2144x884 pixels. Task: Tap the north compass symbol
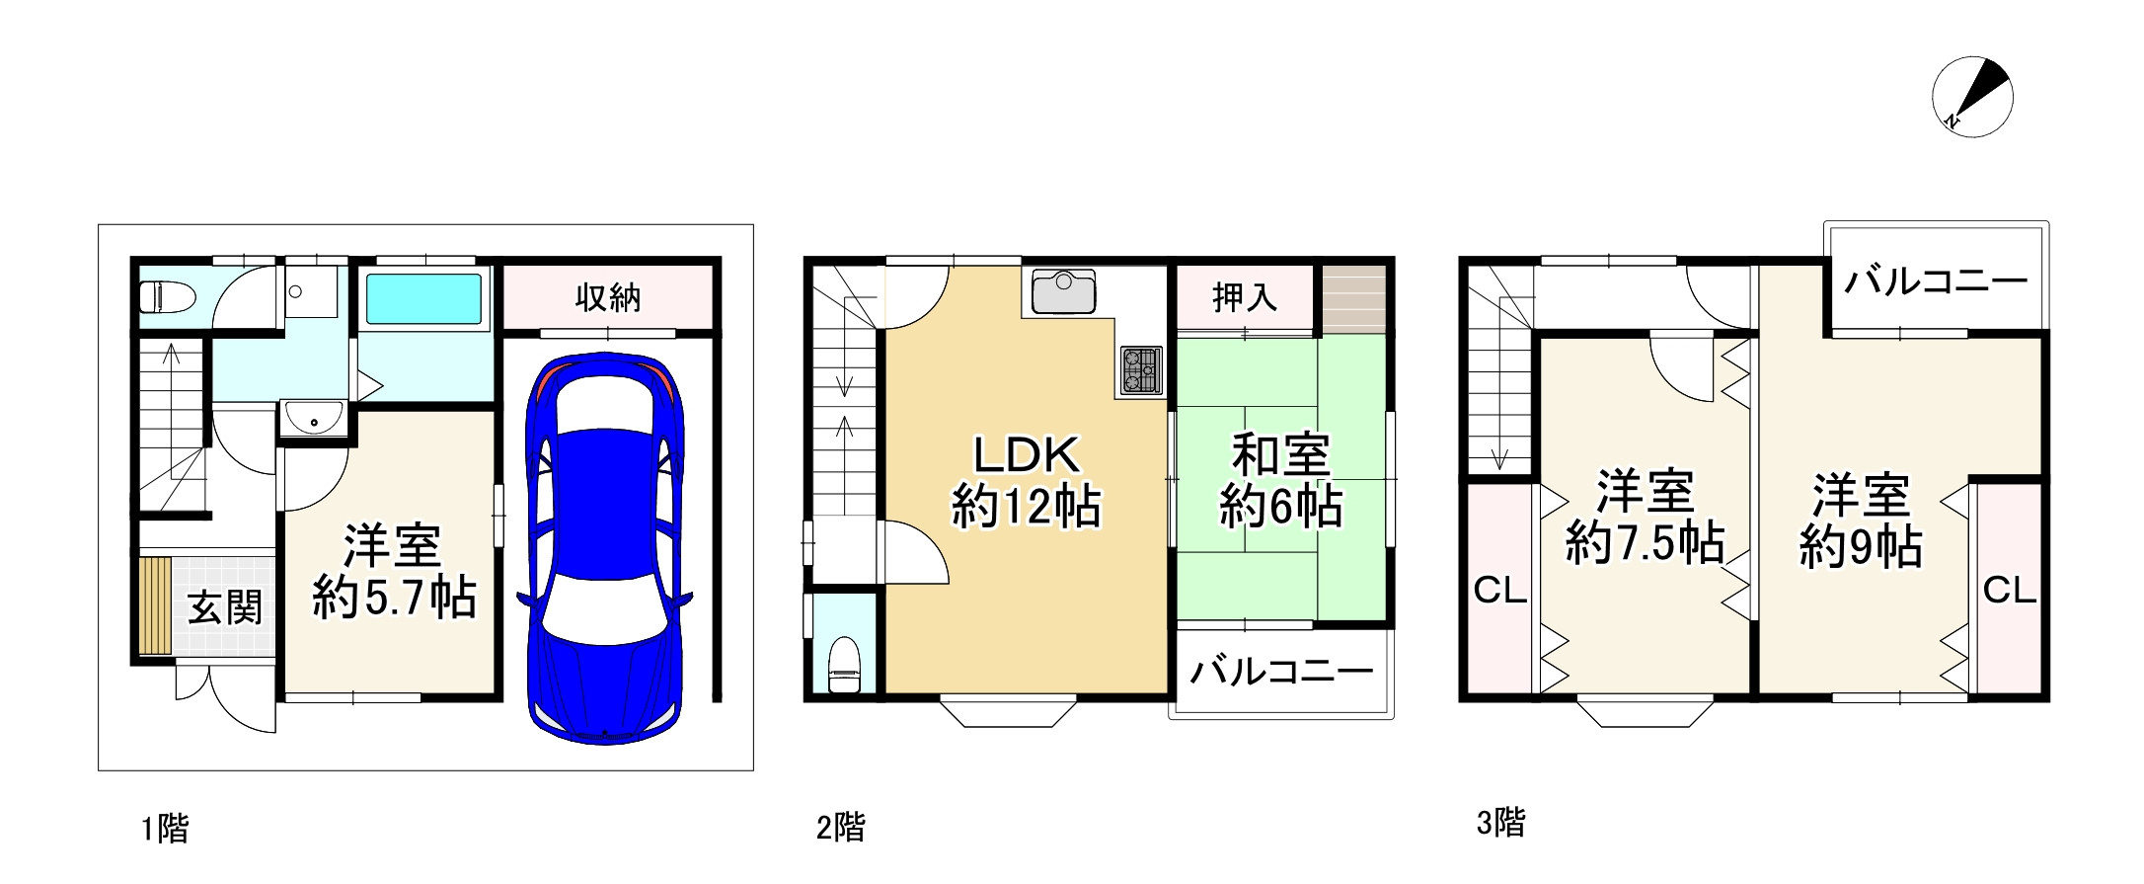pyautogui.click(x=1971, y=97)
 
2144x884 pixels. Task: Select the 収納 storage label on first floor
pyautogui.click(x=608, y=296)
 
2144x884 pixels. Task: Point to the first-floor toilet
pyautogui.click(x=166, y=296)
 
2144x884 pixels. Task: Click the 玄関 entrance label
pyautogui.click(x=225, y=607)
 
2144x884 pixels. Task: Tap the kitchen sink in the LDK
pyautogui.click(x=1063, y=291)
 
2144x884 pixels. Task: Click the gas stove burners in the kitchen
pyautogui.click(x=1140, y=369)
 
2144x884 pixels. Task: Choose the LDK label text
pyautogui.click(x=1027, y=455)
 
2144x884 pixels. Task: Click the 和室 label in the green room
pyautogui.click(x=1280, y=456)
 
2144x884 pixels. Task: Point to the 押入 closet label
pyautogui.click(x=1244, y=296)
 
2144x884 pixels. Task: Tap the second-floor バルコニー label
pyautogui.click(x=1280, y=673)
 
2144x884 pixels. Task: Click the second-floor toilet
pyautogui.click(x=844, y=665)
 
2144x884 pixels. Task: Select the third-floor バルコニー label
pyautogui.click(x=1935, y=282)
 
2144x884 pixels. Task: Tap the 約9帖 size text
pyautogui.click(x=1860, y=547)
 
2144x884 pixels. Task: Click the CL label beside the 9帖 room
pyautogui.click(x=2009, y=591)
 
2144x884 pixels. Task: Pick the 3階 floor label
pyautogui.click(x=1500, y=822)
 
